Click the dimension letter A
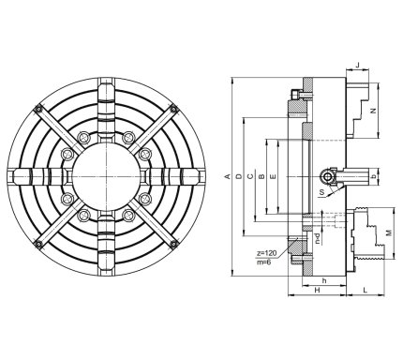point(228,176)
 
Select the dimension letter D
point(239,176)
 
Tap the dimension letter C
point(250,176)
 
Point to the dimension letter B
point(261,176)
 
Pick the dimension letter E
point(273,176)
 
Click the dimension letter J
point(358,65)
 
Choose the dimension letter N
point(372,111)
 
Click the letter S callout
point(322,192)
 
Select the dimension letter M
point(389,233)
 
